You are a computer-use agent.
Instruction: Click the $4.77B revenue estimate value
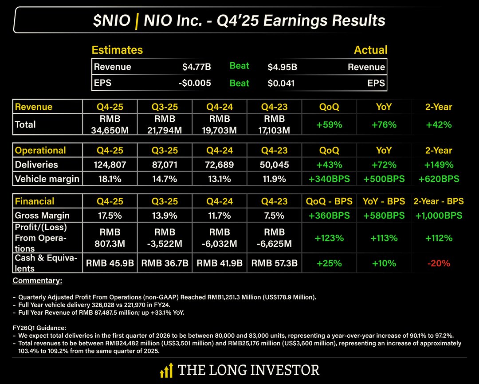tap(196, 67)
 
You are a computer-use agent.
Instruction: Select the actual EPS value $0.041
tap(281, 83)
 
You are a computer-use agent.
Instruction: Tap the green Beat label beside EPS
tap(239, 83)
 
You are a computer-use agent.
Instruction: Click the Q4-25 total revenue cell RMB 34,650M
tap(110, 124)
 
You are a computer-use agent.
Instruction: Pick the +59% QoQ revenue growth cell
tap(329, 125)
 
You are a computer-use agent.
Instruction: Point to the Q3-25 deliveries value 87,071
tap(165, 165)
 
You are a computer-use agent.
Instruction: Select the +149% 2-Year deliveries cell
tap(439, 165)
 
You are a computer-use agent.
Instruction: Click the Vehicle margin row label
tap(47, 179)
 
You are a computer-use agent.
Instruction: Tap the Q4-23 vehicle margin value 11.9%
tap(274, 179)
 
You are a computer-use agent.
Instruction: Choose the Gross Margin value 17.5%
tap(110, 216)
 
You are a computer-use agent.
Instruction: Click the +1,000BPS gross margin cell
tap(439, 216)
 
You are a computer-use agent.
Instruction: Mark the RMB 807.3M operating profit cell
tap(110, 238)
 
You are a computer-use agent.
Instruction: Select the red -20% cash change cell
tap(439, 263)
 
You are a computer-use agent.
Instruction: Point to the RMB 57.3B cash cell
tap(274, 263)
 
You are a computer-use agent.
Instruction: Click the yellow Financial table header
tap(35, 201)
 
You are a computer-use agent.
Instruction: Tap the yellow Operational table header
tap(40, 150)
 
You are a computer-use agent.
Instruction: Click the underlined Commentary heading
tap(37, 281)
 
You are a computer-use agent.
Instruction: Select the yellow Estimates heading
tap(117, 50)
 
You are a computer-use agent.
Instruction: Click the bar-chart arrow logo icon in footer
tap(166, 370)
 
